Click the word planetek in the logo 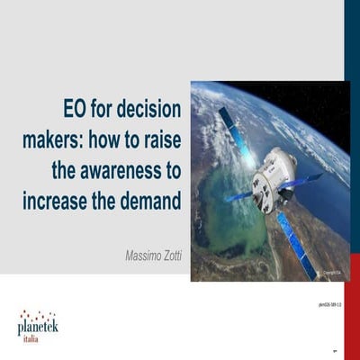click(38, 328)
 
